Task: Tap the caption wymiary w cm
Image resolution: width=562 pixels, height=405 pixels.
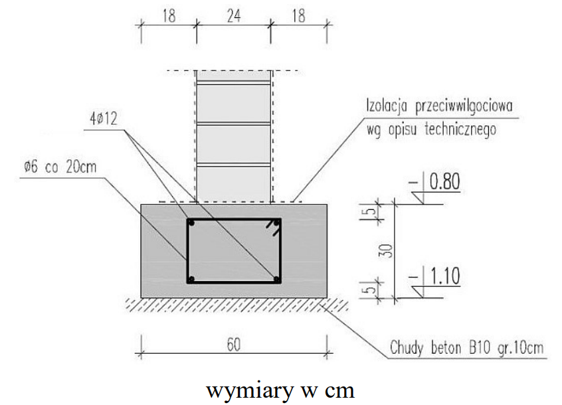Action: click(x=280, y=388)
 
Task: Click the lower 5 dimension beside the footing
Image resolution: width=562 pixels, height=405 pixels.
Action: click(x=373, y=288)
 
